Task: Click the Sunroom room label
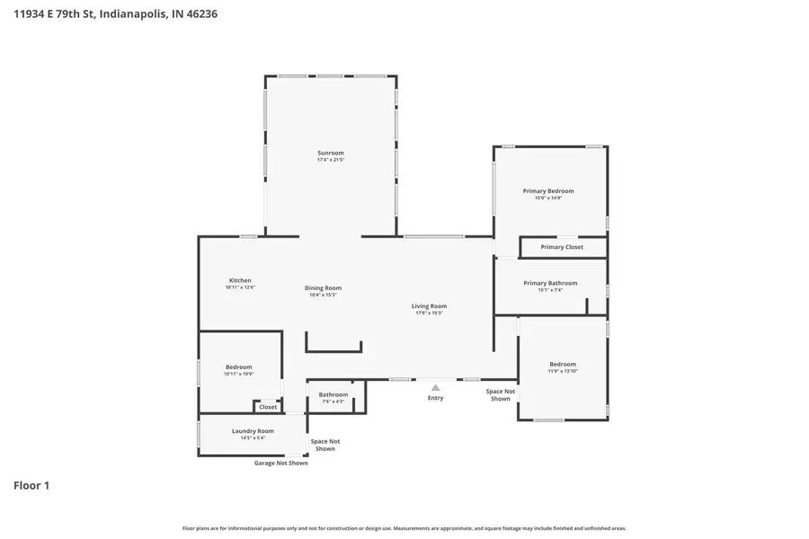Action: pos(331,153)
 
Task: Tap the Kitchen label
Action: pos(240,280)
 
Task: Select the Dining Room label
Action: pos(323,287)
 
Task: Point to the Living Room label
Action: pos(430,305)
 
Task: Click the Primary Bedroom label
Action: pos(548,190)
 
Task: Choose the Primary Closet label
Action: pos(562,247)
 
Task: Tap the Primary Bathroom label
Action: pos(550,283)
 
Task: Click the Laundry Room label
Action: pos(253,430)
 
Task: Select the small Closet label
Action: pos(268,407)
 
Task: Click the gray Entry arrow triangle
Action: pos(436,387)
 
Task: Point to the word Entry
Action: pos(436,398)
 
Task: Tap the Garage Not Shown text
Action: pos(280,463)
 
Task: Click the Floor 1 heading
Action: pos(31,485)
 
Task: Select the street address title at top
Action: pos(115,14)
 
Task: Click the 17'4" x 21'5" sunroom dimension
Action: pos(331,160)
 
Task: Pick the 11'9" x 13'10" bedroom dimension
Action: pos(563,371)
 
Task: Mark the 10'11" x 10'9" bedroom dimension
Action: pos(238,374)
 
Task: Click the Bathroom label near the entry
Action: pos(333,394)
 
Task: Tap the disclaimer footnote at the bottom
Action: pos(404,528)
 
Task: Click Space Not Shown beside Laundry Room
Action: pos(325,445)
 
